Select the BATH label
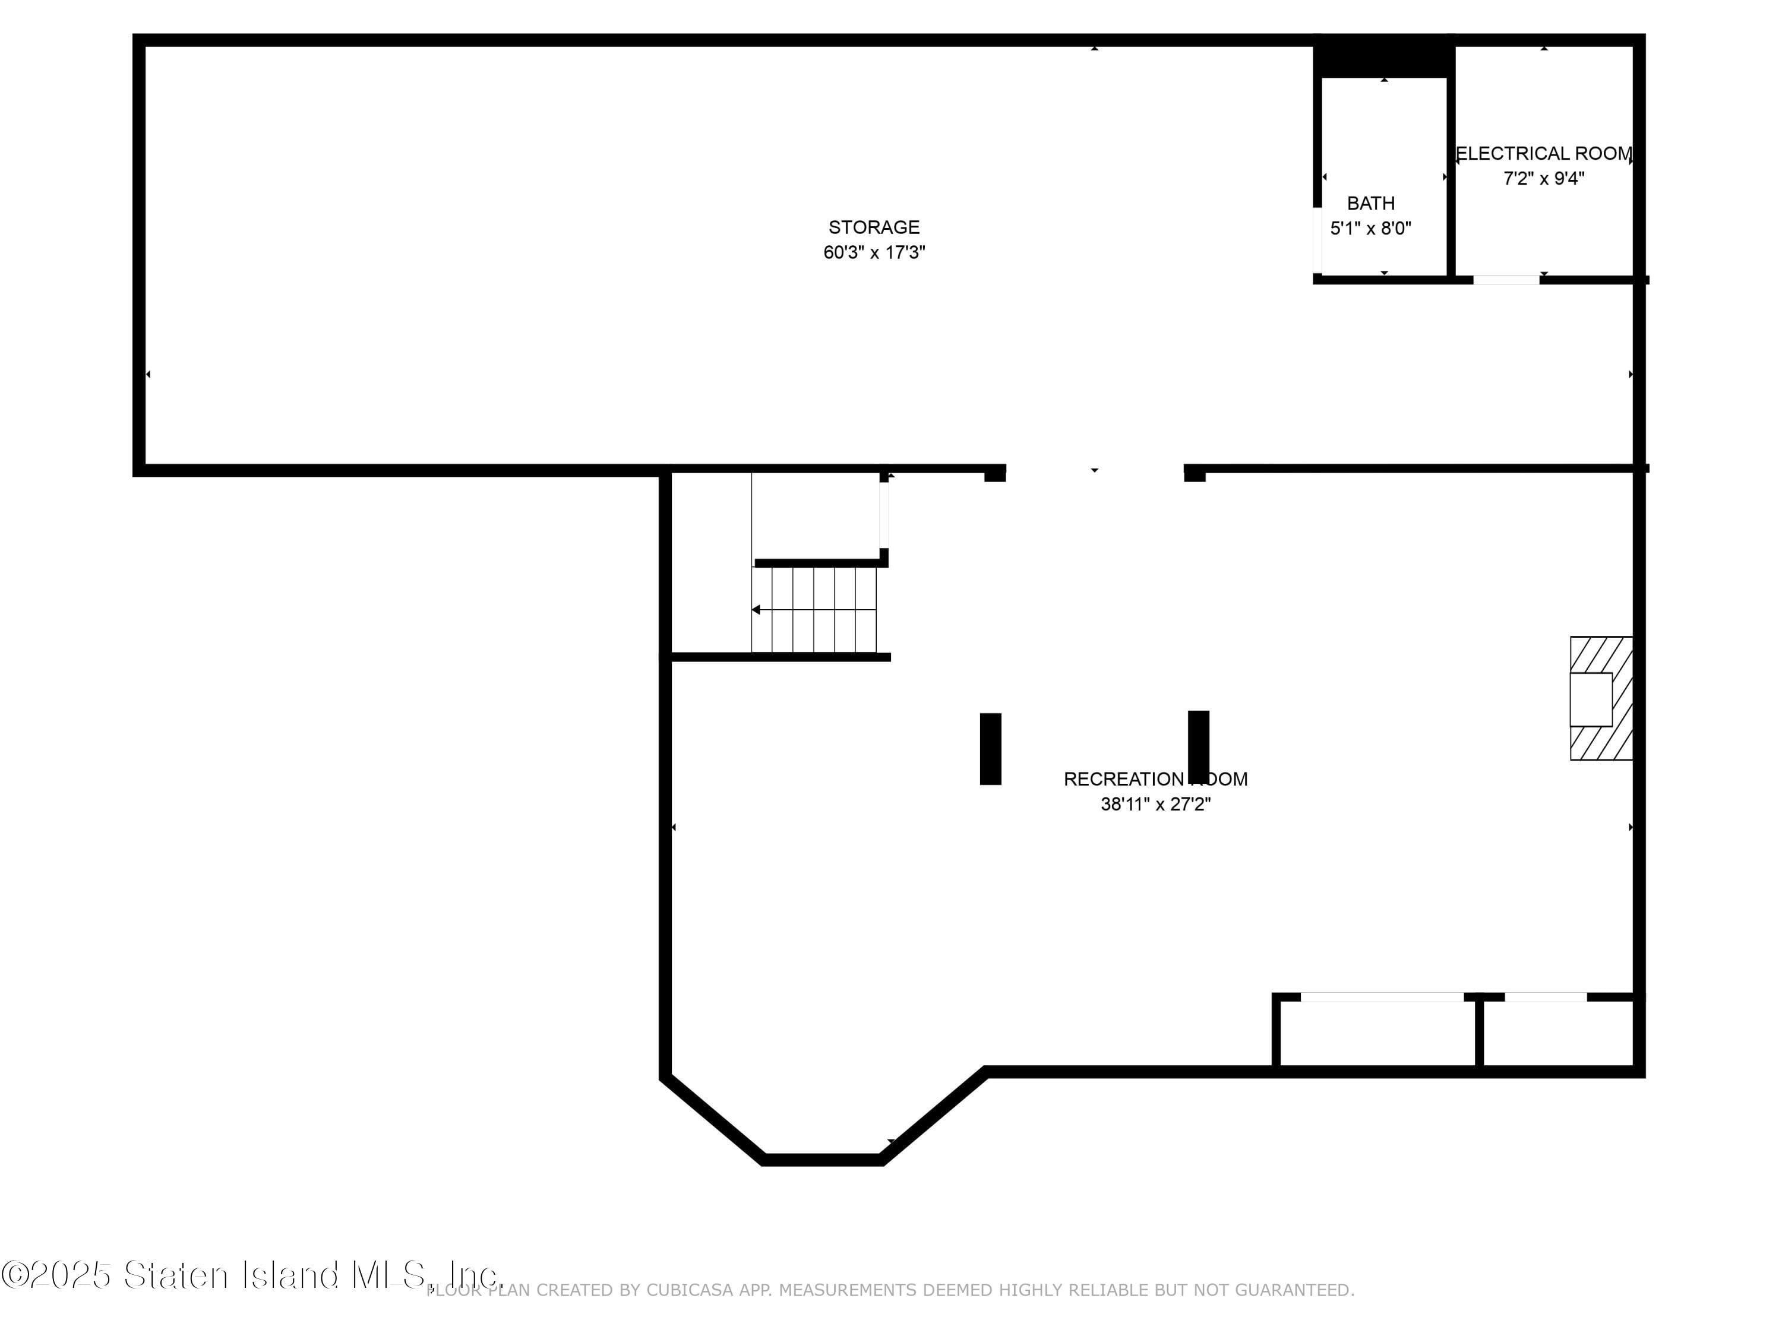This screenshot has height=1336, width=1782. click(x=1370, y=204)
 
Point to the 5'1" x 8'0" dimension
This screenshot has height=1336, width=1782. click(x=1370, y=229)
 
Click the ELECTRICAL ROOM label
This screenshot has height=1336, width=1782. click(x=1544, y=154)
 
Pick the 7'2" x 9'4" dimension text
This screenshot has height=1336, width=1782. click(x=1544, y=179)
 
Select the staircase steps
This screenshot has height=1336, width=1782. click(x=814, y=610)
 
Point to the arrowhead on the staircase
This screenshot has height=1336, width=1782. click(x=756, y=610)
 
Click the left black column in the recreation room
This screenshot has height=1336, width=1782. click(x=990, y=748)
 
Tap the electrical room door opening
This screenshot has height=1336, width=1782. click(x=1506, y=280)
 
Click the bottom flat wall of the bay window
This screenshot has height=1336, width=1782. click(x=822, y=1160)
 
